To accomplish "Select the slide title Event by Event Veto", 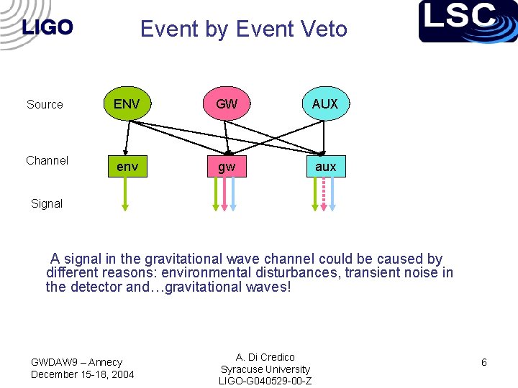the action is tap(243, 29).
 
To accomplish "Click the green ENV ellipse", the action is tap(127, 104).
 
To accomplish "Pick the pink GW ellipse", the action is tap(226, 104).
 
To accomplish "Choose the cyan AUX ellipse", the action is tap(325, 104).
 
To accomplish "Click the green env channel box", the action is tap(127, 167).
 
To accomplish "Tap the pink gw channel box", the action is tap(226, 167).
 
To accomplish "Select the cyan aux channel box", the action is tap(325, 167).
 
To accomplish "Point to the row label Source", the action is tap(45, 105).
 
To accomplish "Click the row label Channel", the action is tap(47, 160).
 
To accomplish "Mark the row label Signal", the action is tap(47, 203).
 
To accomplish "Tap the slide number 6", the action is tap(483, 363).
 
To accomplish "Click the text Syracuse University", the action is tap(265, 369).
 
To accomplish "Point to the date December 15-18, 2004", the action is tap(82, 374).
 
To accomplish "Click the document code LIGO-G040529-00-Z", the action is tap(265, 381).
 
